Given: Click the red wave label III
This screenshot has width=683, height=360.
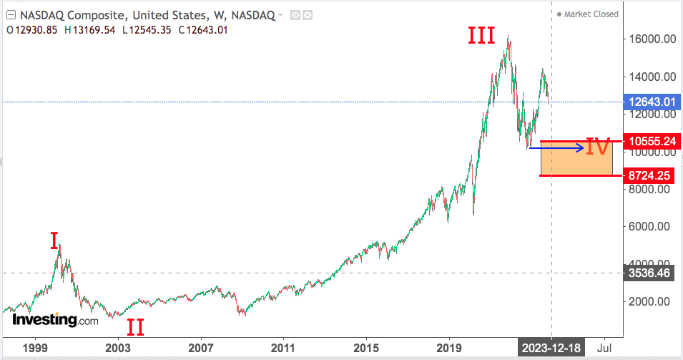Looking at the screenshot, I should (481, 36).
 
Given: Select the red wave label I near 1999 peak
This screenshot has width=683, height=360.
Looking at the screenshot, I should (54, 241).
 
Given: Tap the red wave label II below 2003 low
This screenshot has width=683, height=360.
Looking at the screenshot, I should (135, 328).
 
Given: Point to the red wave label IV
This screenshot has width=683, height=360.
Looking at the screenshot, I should (598, 147).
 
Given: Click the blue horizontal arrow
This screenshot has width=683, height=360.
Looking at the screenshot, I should (558, 148).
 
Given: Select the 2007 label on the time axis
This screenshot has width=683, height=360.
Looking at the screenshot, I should (201, 349).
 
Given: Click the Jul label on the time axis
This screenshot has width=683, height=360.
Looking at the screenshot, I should (604, 349).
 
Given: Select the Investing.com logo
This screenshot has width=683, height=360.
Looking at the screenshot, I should (55, 320).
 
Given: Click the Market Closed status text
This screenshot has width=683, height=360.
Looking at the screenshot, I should (591, 14).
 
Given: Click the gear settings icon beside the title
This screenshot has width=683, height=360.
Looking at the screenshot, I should (308, 14).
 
